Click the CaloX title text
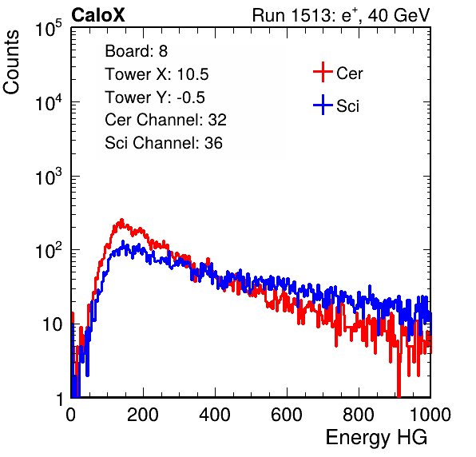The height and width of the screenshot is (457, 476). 98,15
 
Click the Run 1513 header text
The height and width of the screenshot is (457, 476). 341,15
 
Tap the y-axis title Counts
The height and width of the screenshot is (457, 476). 11,62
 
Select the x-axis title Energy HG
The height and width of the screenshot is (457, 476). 376,438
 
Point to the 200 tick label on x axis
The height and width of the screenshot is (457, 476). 143,415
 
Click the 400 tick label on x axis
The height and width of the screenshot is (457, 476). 215,415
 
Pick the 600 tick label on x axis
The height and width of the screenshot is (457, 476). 287,415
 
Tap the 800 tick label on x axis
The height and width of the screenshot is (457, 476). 359,415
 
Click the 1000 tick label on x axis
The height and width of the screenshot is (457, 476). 430,415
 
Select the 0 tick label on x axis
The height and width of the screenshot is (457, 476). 71,415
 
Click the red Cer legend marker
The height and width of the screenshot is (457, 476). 323,72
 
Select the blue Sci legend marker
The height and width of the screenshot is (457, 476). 323,105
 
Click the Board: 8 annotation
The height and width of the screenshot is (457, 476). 137,51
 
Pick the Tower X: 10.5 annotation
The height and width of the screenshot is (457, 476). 157,74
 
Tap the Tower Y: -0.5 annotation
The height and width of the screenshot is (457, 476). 155,97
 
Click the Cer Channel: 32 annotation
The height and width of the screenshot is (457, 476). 165,120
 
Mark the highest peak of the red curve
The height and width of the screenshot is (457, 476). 121,220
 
